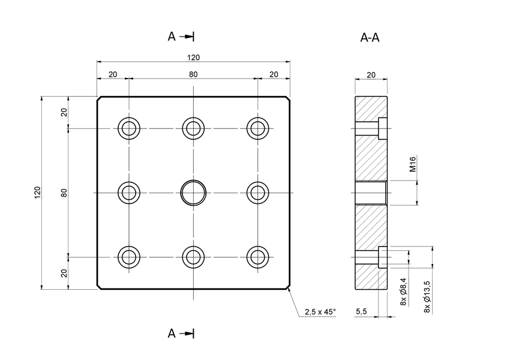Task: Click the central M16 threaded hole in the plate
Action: tap(193, 193)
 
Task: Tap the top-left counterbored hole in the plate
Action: tap(129, 128)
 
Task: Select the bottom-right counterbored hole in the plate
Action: tap(258, 257)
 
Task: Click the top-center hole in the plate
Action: tap(193, 128)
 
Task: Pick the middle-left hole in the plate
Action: tap(129, 193)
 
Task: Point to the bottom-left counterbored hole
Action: tap(129, 257)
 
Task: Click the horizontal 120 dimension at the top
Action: tap(193, 58)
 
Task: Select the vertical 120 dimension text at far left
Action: tap(37, 193)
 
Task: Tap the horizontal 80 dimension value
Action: tap(193, 74)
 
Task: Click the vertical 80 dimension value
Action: tap(64, 193)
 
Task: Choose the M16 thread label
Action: tap(413, 164)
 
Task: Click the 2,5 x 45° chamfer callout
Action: tap(320, 312)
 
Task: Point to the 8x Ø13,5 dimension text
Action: tap(427, 296)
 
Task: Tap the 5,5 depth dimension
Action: tap(361, 312)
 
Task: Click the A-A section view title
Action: tap(370, 38)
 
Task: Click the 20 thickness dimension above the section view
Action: tap(371, 75)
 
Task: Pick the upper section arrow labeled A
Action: tap(181, 37)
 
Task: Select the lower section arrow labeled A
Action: tap(181, 333)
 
